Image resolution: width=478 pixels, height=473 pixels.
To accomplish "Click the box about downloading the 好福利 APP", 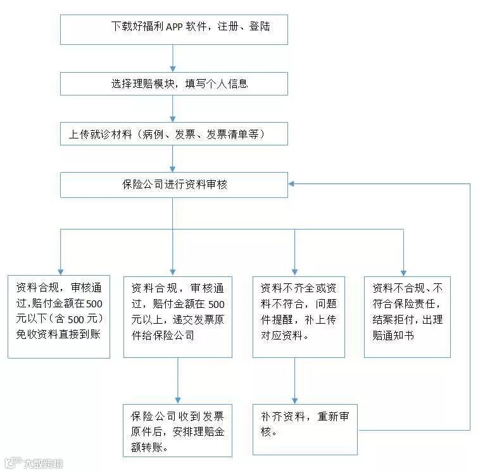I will click(x=173, y=28).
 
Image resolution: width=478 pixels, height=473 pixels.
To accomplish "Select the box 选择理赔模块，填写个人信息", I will click(x=173, y=83).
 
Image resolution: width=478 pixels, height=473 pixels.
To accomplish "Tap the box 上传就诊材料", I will click(x=173, y=133).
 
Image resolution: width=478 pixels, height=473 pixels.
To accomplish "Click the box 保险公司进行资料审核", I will click(x=173, y=184).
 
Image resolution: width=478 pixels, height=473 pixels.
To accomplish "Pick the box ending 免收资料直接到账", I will click(x=58, y=316).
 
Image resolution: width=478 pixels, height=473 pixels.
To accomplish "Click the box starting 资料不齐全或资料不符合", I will click(x=298, y=316).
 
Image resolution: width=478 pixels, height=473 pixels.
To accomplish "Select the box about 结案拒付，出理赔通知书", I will click(x=407, y=316).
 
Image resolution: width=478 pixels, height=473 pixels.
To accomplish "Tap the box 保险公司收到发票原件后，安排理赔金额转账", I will click(x=177, y=431).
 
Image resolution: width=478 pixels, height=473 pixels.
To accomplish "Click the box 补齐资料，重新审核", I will click(x=305, y=429).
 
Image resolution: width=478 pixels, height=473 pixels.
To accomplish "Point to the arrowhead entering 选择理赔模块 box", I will click(x=173, y=69).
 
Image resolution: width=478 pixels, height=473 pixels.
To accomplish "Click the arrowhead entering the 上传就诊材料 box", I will click(x=173, y=119).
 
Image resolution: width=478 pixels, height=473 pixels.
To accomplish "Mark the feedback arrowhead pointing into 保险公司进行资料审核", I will click(x=292, y=184).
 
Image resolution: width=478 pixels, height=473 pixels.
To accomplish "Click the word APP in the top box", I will click(x=173, y=27).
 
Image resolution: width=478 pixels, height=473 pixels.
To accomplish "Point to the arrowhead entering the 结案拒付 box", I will click(x=404, y=271).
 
